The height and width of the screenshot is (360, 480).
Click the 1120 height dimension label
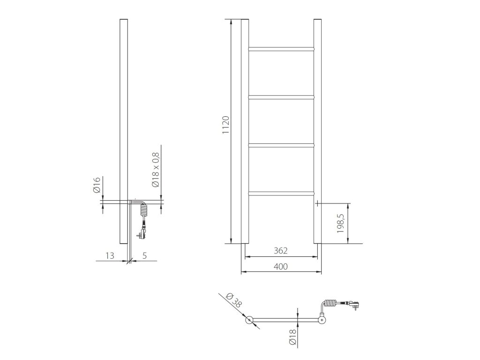225,125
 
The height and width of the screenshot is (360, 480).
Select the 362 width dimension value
281,251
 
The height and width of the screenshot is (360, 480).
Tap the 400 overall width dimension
281,267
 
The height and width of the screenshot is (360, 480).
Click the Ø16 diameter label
97,185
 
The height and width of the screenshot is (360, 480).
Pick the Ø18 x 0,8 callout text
156,170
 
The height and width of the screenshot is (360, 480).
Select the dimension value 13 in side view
110,255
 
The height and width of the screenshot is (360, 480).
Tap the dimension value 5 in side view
145,255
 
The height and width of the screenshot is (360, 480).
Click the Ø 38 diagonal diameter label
233,300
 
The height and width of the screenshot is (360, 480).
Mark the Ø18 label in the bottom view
292,337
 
